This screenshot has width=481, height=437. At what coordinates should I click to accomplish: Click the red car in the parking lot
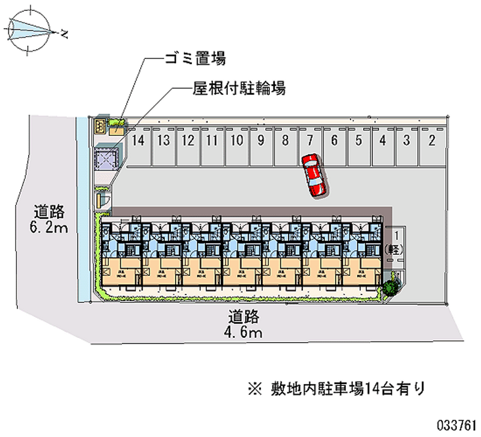tap(314, 175)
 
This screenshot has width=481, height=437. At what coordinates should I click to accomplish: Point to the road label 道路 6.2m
tap(50, 219)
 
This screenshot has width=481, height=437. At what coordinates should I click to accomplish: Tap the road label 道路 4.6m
tap(244, 323)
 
